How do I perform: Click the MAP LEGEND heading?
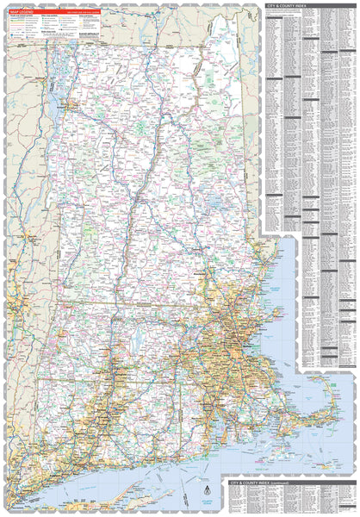tap(21, 11)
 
